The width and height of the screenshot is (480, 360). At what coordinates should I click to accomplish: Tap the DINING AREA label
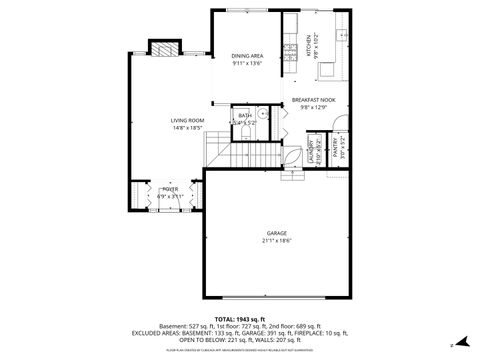click(246, 56)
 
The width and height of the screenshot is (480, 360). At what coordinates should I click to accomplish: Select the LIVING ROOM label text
click(187, 120)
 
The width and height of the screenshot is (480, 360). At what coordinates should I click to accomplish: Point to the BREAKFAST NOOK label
click(314, 100)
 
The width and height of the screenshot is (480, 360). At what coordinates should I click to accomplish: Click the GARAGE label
click(277, 233)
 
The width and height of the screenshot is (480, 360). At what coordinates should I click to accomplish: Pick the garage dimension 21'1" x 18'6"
click(277, 241)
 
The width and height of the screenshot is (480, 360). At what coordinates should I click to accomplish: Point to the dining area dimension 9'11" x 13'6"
click(246, 64)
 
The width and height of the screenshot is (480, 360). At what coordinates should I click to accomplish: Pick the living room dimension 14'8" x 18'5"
click(187, 128)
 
